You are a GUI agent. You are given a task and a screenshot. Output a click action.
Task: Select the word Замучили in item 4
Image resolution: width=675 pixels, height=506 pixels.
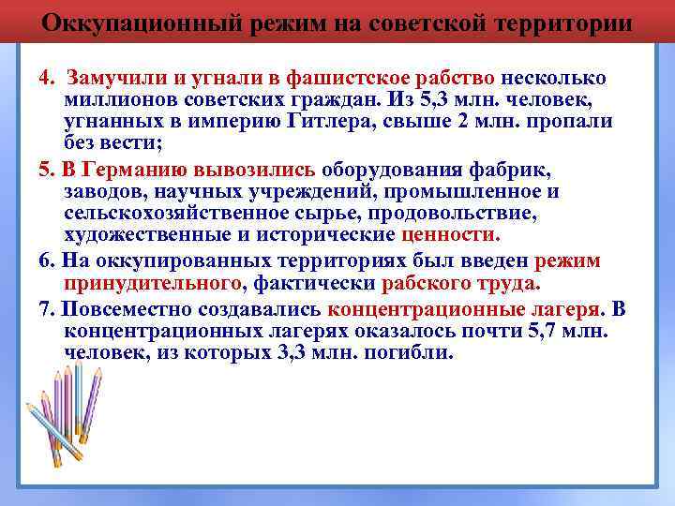(x=109, y=78)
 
